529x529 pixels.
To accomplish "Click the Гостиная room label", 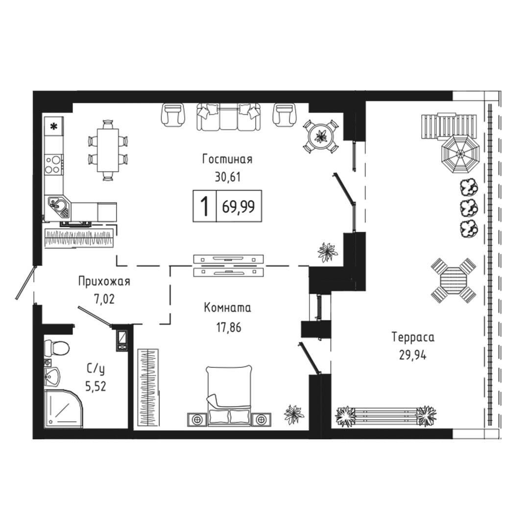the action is [227, 159].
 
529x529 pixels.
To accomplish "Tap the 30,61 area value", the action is [228, 177].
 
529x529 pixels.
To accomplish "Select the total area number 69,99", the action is [238, 206].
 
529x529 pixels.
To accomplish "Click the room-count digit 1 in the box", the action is [204, 206].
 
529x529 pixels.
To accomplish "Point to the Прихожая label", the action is [104, 281].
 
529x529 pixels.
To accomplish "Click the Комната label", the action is [227, 308].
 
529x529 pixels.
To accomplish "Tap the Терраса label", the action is [413, 337].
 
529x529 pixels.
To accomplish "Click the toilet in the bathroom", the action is [57, 347].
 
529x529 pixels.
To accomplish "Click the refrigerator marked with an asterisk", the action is [54, 126].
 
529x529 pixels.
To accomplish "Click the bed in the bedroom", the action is [229, 395].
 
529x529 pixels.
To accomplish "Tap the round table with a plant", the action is [320, 136].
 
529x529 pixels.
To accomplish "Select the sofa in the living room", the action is [229, 117].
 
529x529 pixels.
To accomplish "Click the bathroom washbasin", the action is [52, 376].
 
